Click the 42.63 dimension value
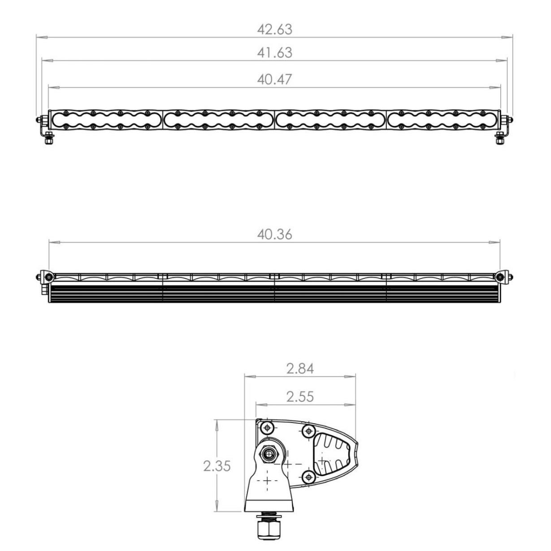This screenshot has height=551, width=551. pos(274,30)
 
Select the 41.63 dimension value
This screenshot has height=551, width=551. pos(274,53)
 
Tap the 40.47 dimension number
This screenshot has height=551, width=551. pos(274,79)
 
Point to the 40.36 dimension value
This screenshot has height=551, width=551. pos(274,235)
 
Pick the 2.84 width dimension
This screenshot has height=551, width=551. pos(300,369)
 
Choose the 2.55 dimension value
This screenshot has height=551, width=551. pos(300,396)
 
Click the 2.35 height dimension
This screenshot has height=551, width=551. pos(217,466)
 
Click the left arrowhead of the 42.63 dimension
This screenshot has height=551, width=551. pos(42,37)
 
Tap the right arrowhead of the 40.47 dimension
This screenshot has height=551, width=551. pos(495,87)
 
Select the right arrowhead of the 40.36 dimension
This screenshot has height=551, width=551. pos(495,242)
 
